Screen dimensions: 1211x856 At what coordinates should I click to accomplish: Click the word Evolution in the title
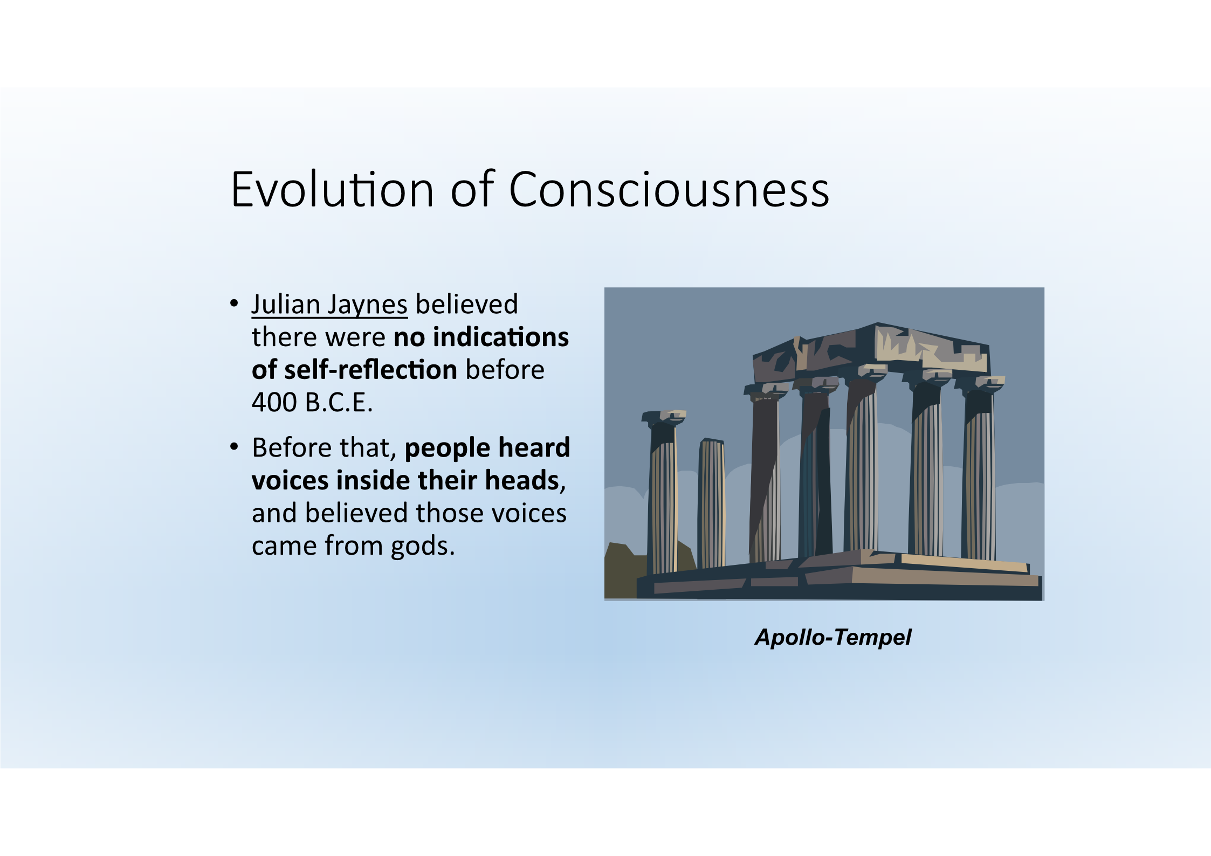coord(332,189)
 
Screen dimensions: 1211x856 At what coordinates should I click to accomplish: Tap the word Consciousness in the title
coord(669,189)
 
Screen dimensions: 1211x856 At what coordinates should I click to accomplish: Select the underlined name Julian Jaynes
coord(329,305)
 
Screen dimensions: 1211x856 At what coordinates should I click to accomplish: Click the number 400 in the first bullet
coord(274,402)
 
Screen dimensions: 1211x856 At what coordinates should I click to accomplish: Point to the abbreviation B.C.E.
coord(339,402)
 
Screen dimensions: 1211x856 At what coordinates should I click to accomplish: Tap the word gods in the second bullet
coord(423,547)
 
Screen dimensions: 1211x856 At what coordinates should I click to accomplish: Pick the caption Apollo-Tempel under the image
coord(832,638)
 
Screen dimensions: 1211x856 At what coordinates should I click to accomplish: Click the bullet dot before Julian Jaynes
coord(234,303)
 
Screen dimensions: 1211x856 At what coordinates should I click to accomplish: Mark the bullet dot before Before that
coord(234,447)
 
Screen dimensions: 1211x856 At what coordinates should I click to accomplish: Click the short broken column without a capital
coord(712,503)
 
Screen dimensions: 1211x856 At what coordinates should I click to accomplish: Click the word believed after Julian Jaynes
coord(467,304)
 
